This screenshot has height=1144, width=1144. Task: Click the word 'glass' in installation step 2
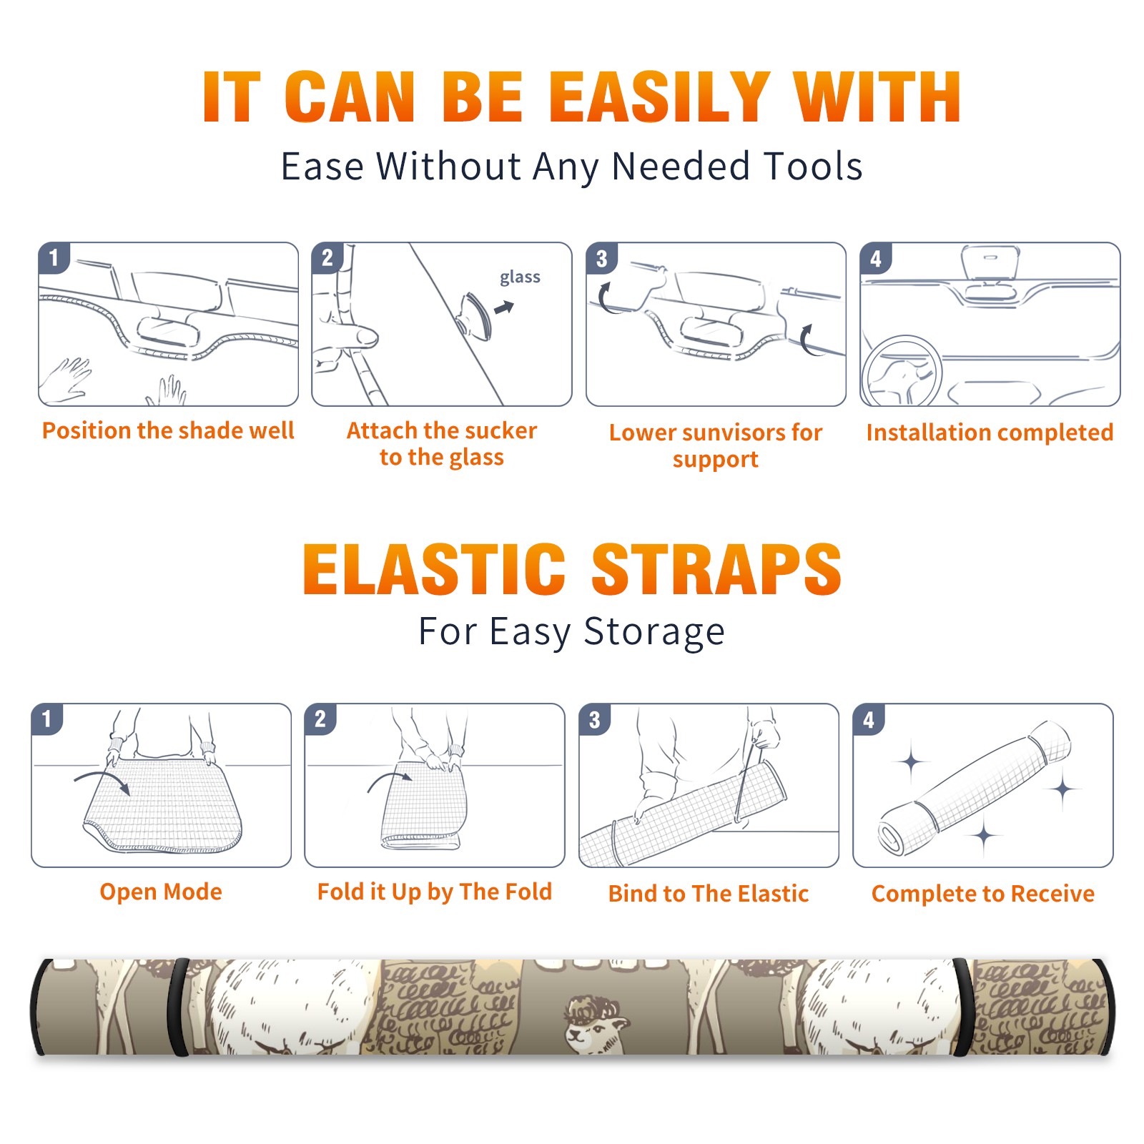coord(520,277)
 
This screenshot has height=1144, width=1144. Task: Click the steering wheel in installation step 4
coord(902,372)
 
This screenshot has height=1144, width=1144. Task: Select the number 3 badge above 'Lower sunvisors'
coord(601,258)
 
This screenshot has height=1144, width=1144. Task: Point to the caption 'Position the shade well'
coord(168,430)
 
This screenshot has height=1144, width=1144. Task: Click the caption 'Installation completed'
coord(990,432)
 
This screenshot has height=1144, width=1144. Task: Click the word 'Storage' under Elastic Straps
coord(654,631)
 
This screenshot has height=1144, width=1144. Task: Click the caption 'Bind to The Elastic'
coord(708,893)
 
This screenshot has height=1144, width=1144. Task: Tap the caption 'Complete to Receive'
coord(983,893)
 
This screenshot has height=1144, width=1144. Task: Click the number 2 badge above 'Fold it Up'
coord(320,719)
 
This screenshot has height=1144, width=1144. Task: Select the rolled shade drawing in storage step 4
coord(975,788)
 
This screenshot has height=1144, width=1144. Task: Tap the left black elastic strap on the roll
coord(179,1007)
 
